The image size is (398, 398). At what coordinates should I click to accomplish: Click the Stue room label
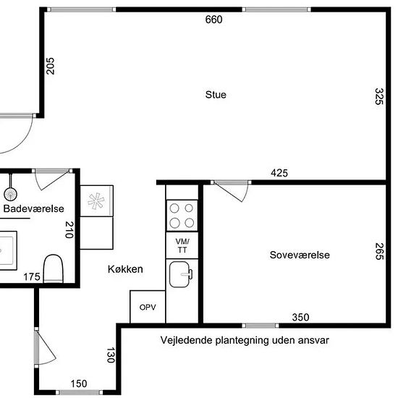pyautogui.click(x=216, y=95)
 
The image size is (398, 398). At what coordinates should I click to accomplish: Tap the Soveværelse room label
pyautogui.click(x=300, y=255)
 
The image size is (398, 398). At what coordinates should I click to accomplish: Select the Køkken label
pyautogui.click(x=125, y=269)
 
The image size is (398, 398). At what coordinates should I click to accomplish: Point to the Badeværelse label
pyautogui.click(x=33, y=208)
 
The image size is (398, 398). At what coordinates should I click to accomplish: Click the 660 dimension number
pyautogui.click(x=213, y=20)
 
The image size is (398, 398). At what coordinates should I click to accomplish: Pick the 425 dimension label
pyautogui.click(x=279, y=173)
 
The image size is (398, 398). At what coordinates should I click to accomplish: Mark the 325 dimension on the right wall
pyautogui.click(x=378, y=96)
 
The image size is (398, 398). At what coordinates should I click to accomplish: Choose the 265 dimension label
pyautogui.click(x=378, y=251)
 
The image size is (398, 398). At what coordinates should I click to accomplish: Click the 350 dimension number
pyautogui.click(x=300, y=317)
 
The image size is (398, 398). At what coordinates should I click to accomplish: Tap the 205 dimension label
pyautogui.click(x=50, y=66)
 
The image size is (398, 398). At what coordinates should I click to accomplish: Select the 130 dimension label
pyautogui.click(x=111, y=355)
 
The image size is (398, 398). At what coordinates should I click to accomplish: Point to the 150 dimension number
pyautogui.click(x=79, y=384)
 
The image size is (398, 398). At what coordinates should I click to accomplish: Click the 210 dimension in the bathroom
pyautogui.click(x=69, y=229)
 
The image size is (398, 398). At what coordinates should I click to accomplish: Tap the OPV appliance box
pyautogui.click(x=148, y=307)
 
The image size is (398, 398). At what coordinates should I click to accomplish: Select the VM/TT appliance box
pyautogui.click(x=182, y=245)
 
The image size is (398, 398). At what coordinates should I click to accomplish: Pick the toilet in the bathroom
pyautogui.click(x=53, y=268)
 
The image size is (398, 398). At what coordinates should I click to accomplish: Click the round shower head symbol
pyautogui.click(x=10, y=194)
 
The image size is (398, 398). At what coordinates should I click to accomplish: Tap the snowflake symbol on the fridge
pyautogui.click(x=96, y=201)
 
